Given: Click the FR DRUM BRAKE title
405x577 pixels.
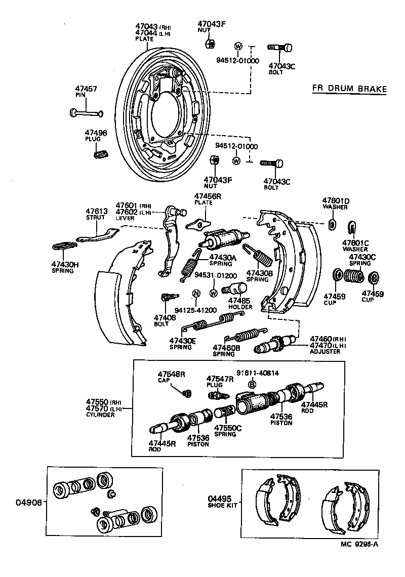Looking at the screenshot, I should tap(349, 89).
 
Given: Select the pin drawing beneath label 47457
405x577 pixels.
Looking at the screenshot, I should tap(87, 112).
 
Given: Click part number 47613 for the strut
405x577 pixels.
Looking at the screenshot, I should tap(95, 211).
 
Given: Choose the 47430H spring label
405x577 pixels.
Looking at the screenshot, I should tap(64, 264).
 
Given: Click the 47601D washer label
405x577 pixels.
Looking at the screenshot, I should tap(336, 200).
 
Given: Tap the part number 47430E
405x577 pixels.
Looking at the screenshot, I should tap(182, 341).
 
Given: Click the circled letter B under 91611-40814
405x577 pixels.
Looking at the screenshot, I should tap(252, 385).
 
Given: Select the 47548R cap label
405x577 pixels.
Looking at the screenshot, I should tap(171, 374).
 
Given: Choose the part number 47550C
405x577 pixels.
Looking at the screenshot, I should tap(228, 428).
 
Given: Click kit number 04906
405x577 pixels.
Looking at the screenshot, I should tap(28, 503).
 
